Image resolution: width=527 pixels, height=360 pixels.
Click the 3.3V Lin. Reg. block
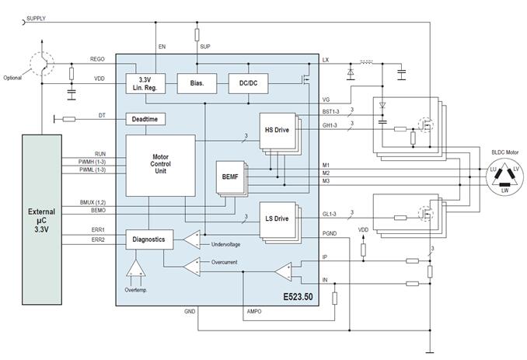coord(145,84)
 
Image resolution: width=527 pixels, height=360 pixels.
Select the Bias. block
coord(197,83)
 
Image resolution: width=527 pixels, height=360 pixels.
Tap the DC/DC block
coord(249,83)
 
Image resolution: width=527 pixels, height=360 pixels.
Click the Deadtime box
coord(145,119)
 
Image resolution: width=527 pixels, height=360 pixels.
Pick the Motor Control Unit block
coord(160,166)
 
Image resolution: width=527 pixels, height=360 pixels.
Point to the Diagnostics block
coord(149,239)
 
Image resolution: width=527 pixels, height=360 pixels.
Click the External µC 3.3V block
coord(42,220)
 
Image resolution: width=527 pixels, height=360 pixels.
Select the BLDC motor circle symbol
coord(504,177)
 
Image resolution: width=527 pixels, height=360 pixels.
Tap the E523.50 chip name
coord(298,297)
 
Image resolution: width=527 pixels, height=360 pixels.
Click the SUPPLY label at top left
coord(36,19)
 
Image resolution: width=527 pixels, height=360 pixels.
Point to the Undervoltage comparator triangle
coord(191,239)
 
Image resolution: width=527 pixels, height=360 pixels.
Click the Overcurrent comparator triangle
coord(191,267)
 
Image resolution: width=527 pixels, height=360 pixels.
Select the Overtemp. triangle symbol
coord(136,268)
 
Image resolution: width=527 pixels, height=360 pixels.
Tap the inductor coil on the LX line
coord(366,62)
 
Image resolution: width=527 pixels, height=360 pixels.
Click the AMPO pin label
coord(254,312)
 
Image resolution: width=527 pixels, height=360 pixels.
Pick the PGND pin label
coord(330,233)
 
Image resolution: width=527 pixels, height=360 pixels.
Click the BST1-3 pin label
coord(330,112)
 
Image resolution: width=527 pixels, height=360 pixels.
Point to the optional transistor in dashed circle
coord(42,63)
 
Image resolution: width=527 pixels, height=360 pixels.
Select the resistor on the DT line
coord(69,119)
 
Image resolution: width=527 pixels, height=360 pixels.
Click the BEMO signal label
coord(98,211)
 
